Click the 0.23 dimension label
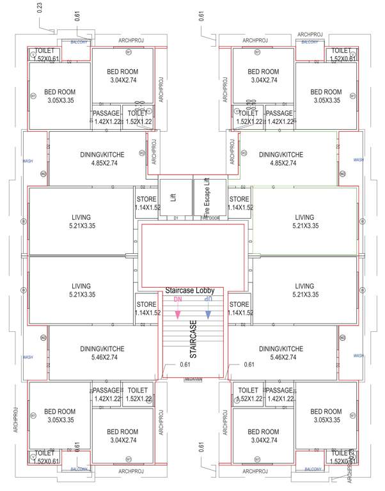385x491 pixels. click(x=40, y=8)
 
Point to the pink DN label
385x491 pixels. click(x=178, y=299)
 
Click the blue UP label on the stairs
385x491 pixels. click(x=208, y=299)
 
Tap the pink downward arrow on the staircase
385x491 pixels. click(x=178, y=314)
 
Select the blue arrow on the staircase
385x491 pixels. click(x=208, y=314)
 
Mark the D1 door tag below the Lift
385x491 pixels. click(x=175, y=219)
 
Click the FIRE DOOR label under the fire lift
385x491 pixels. click(x=209, y=219)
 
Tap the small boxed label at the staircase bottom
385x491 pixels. click(x=192, y=379)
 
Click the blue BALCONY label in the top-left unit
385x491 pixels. click(x=79, y=40)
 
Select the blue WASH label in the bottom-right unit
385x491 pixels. click(x=358, y=355)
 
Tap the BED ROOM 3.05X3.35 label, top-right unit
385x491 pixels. click(x=326, y=97)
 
